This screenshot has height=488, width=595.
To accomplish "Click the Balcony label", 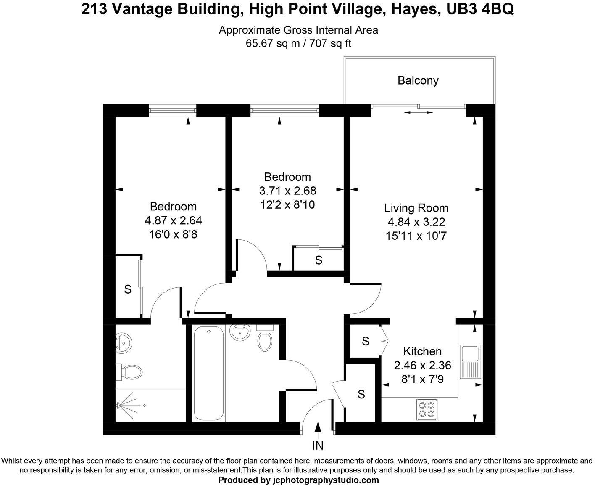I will pos(418,80).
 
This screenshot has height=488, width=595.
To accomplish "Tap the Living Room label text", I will pos(416,208).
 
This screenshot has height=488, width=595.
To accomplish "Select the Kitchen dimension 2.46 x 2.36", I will pos(422,365).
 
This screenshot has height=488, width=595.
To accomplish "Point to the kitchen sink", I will pos(469,361).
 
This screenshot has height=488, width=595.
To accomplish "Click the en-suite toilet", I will pos(132,371).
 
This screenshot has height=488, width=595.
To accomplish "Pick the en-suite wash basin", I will pos(124,342).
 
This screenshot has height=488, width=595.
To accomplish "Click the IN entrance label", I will pos(318,445).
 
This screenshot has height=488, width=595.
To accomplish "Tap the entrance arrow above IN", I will pos(318,427).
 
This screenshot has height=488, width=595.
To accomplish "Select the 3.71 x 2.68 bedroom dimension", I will pos(287,191).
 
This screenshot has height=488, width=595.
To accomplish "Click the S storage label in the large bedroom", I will pos(128,289).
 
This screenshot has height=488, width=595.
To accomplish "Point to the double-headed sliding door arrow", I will pos(418,112).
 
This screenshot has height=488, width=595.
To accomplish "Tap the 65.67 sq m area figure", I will pos(272,43).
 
